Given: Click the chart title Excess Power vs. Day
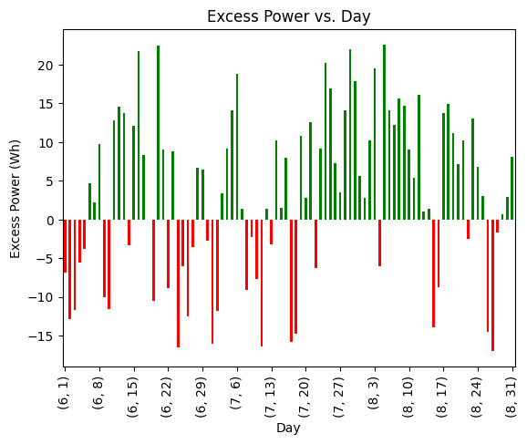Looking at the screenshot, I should tap(288, 16).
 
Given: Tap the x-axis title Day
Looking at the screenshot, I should tap(288, 428).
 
